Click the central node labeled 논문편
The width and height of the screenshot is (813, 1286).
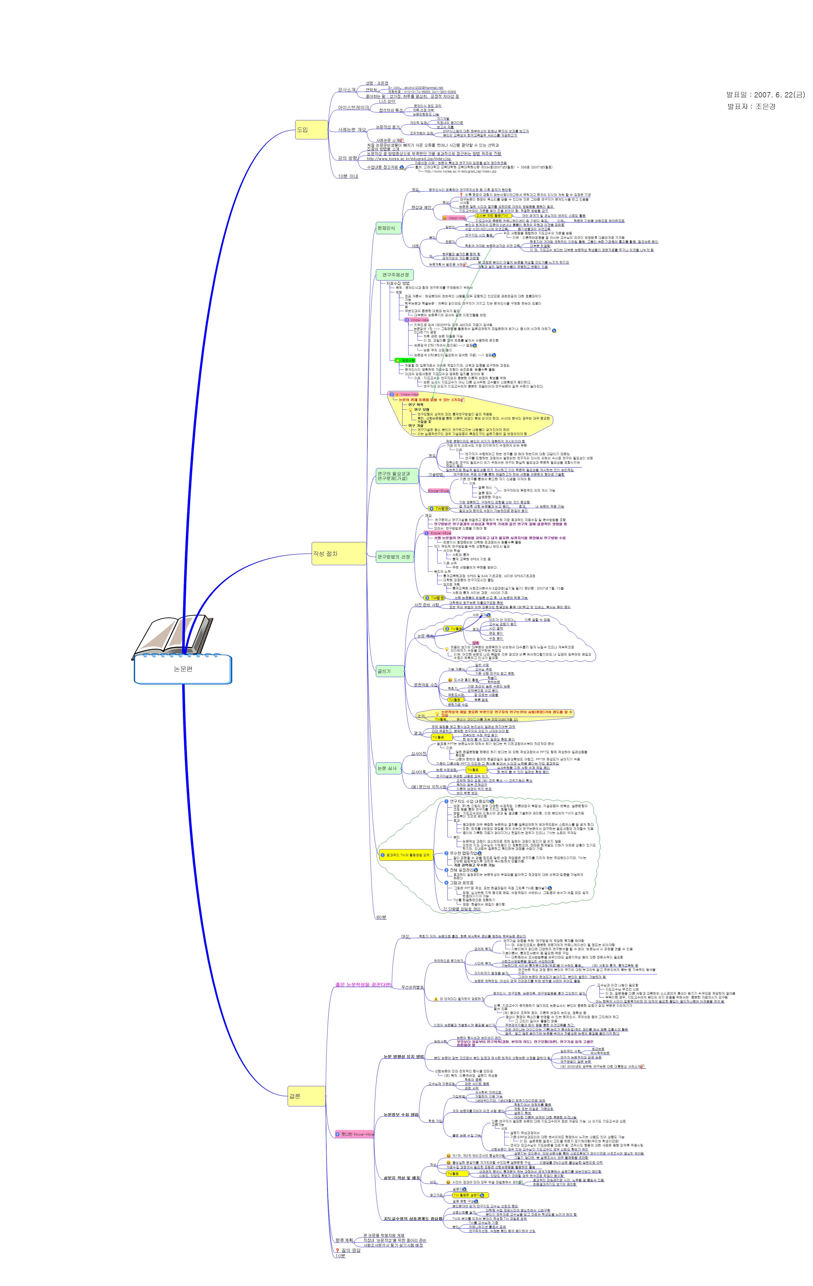(183, 669)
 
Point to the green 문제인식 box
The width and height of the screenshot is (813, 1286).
(388, 228)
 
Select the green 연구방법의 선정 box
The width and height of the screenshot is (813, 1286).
(394, 556)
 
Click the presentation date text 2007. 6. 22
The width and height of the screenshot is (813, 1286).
(765, 95)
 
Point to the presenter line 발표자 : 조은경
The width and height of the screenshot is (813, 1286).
(751, 106)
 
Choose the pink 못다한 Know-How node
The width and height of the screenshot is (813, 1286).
(355, 1134)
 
